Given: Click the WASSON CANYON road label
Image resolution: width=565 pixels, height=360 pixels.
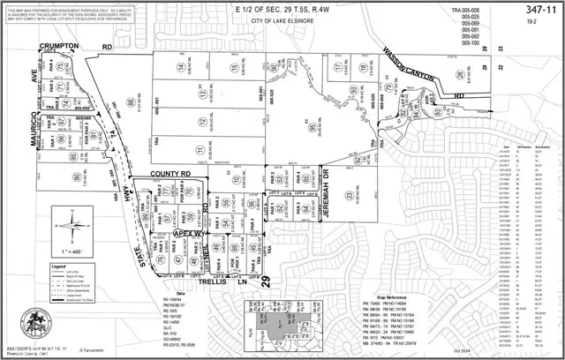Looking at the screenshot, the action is pos(409,67).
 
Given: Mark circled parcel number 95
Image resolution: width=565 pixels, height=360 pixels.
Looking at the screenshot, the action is pos(314,127).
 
